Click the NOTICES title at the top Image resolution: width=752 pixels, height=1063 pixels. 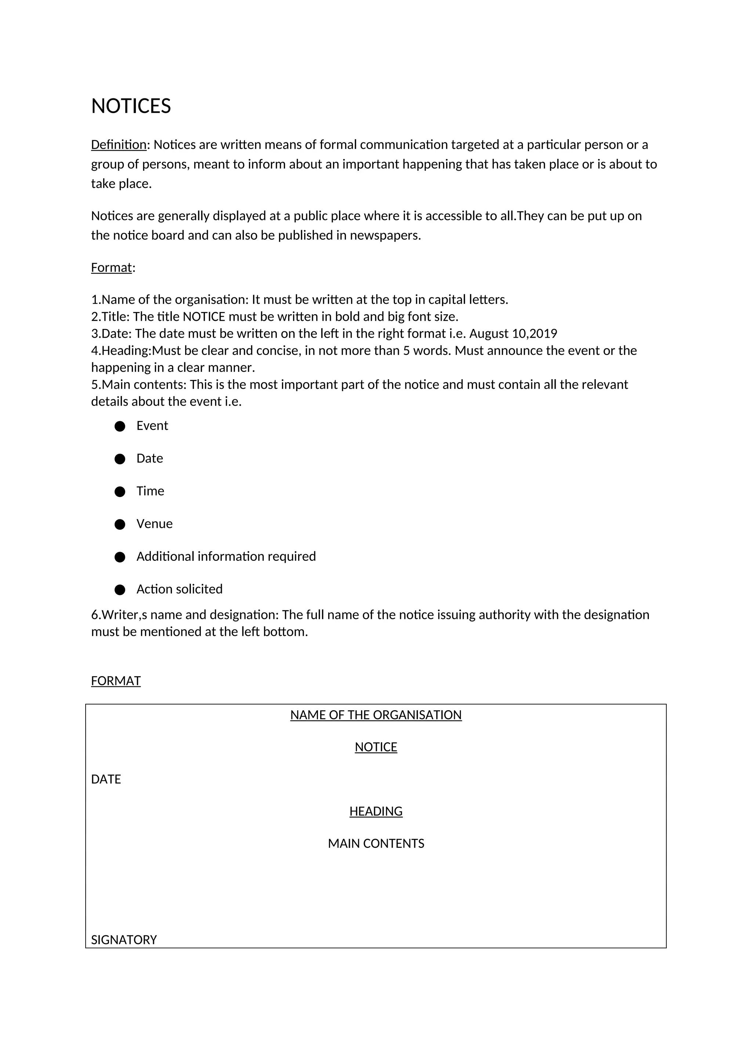click(x=131, y=106)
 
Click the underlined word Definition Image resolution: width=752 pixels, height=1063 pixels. click(x=119, y=145)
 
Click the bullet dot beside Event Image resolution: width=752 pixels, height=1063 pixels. click(x=120, y=427)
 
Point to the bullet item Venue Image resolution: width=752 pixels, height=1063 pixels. click(x=154, y=524)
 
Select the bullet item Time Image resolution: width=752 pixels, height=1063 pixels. click(x=150, y=491)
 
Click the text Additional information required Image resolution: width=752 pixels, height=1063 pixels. click(x=226, y=556)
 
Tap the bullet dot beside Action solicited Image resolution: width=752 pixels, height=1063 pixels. click(x=120, y=590)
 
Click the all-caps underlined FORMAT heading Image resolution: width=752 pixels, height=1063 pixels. click(x=116, y=681)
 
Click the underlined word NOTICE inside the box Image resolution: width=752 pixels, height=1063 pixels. click(x=376, y=747)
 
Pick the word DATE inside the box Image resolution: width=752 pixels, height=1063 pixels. click(x=106, y=779)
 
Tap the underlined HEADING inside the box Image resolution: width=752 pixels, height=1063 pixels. click(x=376, y=811)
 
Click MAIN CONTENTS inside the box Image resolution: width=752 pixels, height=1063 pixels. click(x=376, y=843)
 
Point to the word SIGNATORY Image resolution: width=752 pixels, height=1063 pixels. click(x=124, y=940)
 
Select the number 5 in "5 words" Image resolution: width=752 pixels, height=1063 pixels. click(x=406, y=351)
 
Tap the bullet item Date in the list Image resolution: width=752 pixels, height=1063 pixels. click(x=149, y=458)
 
